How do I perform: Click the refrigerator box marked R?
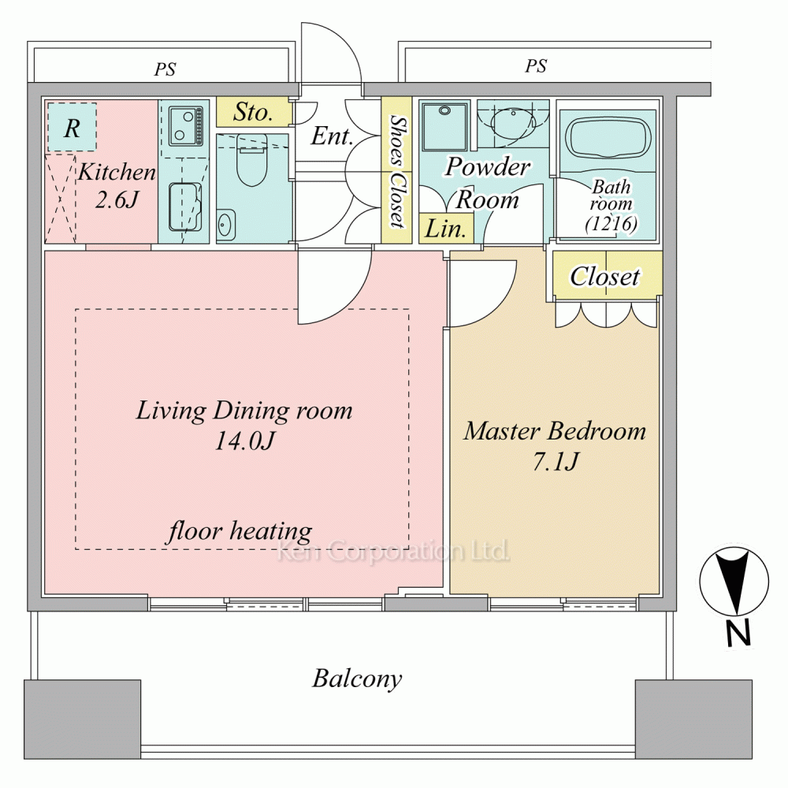(72, 127)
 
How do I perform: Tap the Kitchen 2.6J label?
(117, 186)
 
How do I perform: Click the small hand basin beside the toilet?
(225, 225)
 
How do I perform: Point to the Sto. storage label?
(253, 112)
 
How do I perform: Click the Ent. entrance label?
(331, 136)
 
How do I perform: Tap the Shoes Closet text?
(397, 171)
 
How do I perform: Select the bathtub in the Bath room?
(608, 138)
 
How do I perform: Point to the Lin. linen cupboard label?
(445, 229)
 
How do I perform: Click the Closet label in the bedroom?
(605, 276)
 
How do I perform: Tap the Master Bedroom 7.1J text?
(555, 446)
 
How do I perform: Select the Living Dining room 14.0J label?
(244, 426)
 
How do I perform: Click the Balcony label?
(357, 679)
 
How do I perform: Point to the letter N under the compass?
(738, 634)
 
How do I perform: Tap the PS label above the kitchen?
(165, 69)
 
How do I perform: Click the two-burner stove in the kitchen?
(185, 125)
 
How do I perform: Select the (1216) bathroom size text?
(611, 223)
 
